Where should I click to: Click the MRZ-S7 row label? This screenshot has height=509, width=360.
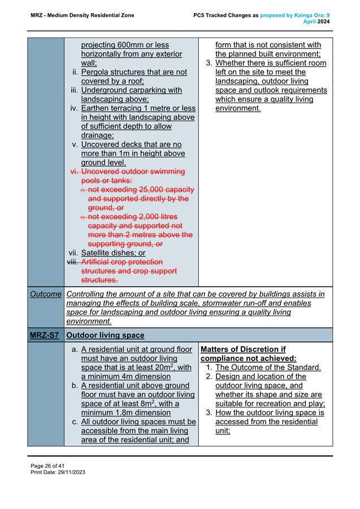coord(45,335)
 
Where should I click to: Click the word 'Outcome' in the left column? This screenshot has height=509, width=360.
coord(45,294)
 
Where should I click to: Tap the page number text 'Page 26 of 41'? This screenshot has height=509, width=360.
coord(49,464)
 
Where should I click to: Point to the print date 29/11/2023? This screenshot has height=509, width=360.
coord(71,472)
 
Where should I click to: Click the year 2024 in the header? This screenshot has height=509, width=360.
coord(324,21)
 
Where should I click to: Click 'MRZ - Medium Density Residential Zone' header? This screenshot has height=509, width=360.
coord(83,15)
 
